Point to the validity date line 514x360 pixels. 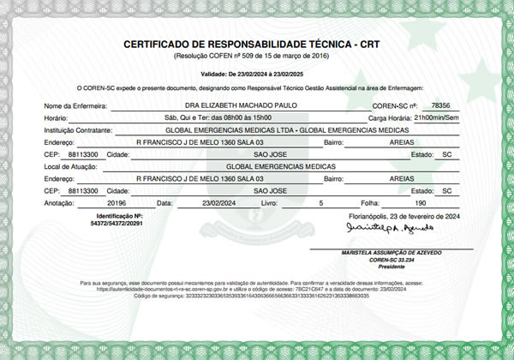click(x=257, y=75)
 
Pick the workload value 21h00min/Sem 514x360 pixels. click(x=437, y=117)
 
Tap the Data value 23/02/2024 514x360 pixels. click(x=217, y=204)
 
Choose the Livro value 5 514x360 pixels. click(x=320, y=204)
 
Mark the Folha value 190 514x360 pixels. click(x=420, y=204)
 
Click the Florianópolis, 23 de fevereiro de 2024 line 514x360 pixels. click(x=402, y=217)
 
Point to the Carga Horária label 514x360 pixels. click(x=389, y=117)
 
